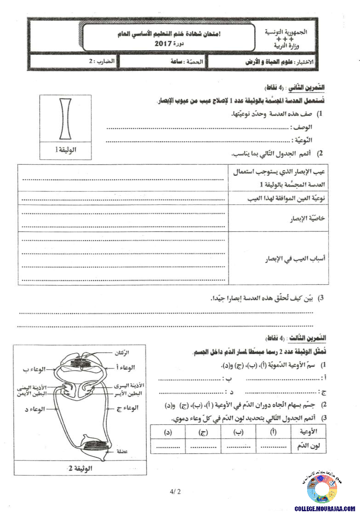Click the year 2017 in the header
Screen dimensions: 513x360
[163, 44]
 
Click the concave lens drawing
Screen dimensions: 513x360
[65, 119]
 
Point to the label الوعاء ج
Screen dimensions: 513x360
[128, 408]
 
